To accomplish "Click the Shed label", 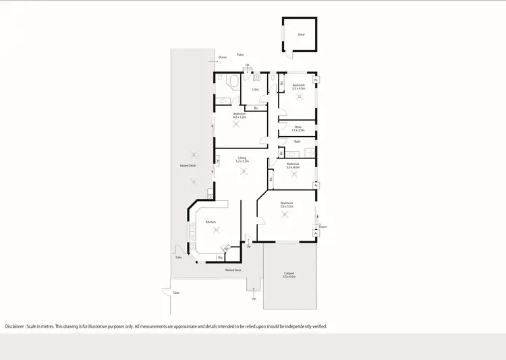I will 301,34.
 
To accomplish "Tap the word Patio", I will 240,55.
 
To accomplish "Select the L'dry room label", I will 256,90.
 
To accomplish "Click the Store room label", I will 298,127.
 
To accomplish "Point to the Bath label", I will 298,142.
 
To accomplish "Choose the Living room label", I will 242,158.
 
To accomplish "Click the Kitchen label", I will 210,222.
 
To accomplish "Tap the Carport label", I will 289,274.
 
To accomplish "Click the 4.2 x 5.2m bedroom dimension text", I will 240,117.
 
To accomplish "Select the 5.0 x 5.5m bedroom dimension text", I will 287,206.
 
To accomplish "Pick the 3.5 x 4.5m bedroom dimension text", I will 298,88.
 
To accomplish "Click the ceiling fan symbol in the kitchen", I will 216,231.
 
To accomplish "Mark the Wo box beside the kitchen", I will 220,258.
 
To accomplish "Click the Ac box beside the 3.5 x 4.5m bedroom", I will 316,80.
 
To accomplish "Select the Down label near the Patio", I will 223,57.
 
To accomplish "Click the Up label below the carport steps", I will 254,298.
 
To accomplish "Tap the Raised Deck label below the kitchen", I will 233,270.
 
